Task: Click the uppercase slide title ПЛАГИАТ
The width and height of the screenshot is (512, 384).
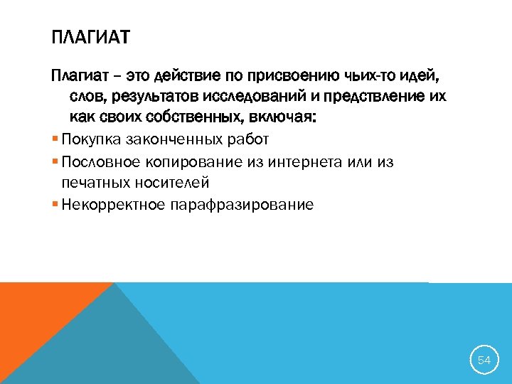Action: [x=91, y=36]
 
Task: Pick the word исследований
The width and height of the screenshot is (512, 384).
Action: [x=262, y=96]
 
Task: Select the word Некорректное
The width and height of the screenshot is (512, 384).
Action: [x=114, y=206]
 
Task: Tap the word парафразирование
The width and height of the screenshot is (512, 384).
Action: [x=242, y=206]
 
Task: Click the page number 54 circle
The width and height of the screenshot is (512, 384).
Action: [x=484, y=361]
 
